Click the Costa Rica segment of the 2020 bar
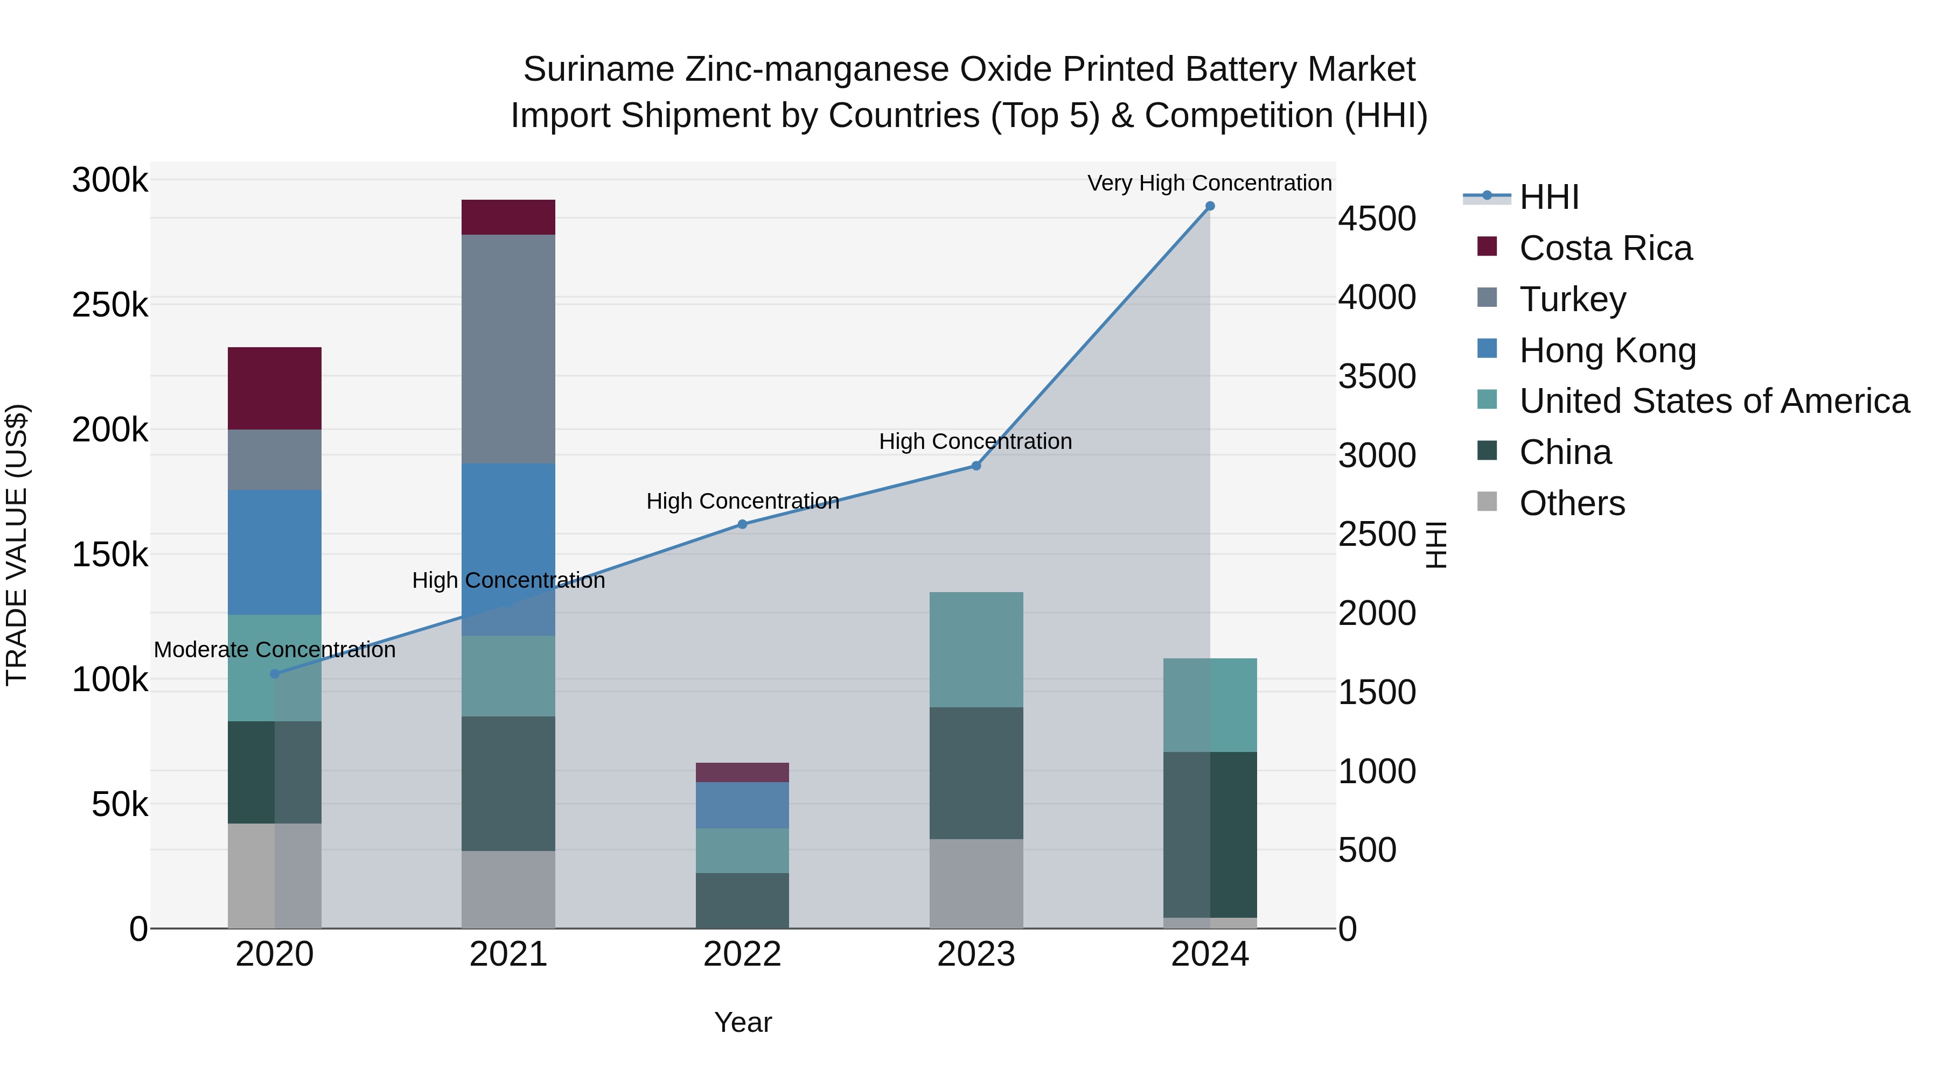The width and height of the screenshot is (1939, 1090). [x=274, y=388]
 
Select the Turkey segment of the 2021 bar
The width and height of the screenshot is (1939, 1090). [x=508, y=349]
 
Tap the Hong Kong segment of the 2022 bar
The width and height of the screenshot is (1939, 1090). [x=742, y=805]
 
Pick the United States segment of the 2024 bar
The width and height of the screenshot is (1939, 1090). [x=1210, y=705]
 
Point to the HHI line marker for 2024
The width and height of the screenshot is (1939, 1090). [x=1210, y=206]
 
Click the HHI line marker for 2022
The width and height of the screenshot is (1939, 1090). [x=742, y=524]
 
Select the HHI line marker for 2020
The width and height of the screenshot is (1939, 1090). [x=275, y=674]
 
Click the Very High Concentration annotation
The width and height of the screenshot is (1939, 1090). [x=1210, y=183]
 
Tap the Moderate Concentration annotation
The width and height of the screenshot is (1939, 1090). [x=275, y=650]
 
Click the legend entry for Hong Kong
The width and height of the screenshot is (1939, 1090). [x=1607, y=350]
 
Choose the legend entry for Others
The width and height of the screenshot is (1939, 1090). [x=1572, y=503]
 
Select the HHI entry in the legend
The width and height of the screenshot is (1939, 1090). [x=1549, y=197]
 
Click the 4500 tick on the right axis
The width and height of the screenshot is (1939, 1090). [x=1377, y=219]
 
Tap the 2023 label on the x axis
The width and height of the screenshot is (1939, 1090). [x=977, y=954]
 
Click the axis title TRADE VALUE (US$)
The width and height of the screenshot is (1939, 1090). [x=17, y=545]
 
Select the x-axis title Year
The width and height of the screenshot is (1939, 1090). [x=743, y=1022]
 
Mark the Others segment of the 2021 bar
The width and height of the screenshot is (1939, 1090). [x=508, y=889]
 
